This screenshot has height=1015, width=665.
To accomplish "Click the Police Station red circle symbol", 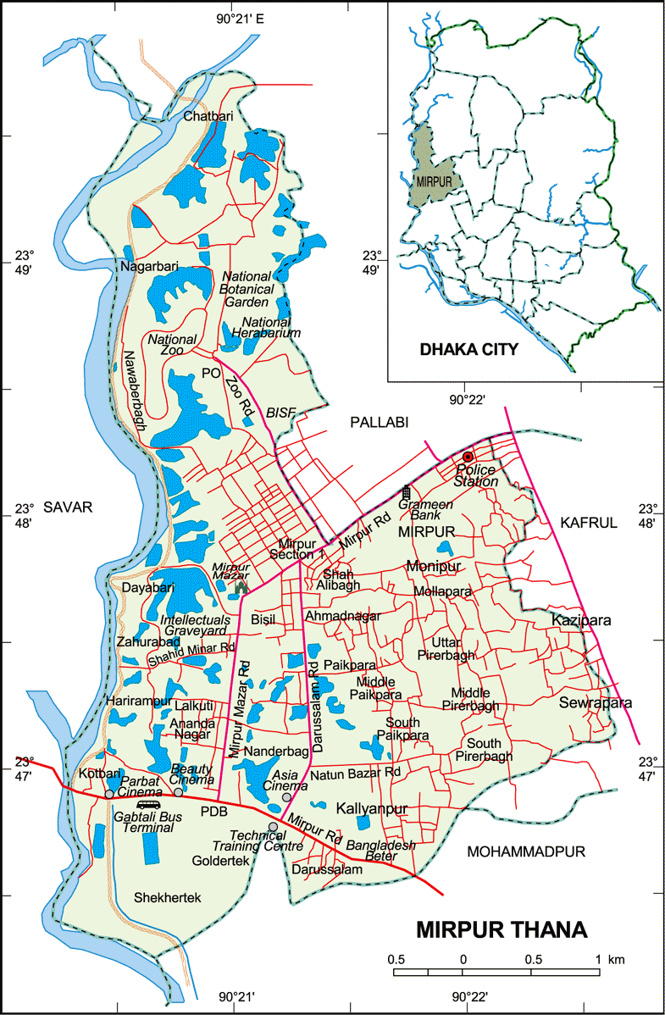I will pyautogui.click(x=467, y=458).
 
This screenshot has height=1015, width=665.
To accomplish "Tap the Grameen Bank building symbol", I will pyautogui.click(x=407, y=492).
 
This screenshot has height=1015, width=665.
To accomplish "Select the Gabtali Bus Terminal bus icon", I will pyautogui.click(x=148, y=804).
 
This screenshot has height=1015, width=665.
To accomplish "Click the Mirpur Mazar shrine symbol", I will pyautogui.click(x=241, y=585).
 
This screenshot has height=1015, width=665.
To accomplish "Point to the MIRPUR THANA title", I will pyautogui.click(x=501, y=929).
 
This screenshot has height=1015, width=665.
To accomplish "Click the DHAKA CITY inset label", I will pyautogui.click(x=469, y=348).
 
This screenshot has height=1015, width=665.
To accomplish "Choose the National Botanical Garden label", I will pyautogui.click(x=247, y=289).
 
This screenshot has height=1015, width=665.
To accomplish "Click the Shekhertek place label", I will pyautogui.click(x=167, y=897).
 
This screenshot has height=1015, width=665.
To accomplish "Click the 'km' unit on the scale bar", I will pyautogui.click(x=617, y=960).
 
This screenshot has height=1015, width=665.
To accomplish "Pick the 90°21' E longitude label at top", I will pyautogui.click(x=241, y=19).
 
